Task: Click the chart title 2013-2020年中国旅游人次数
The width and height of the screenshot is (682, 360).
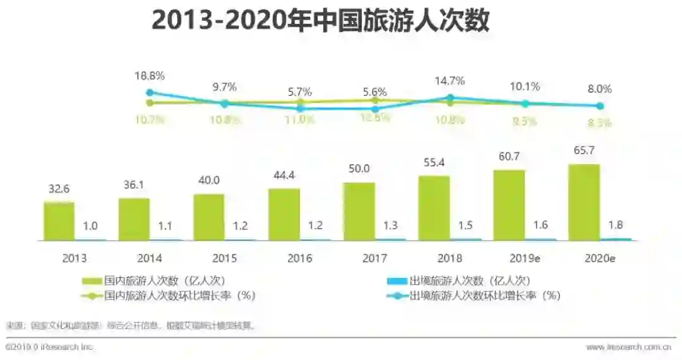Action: tap(321, 21)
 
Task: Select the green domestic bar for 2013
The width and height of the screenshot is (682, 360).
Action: tap(59, 221)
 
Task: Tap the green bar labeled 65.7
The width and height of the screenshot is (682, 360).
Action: tap(584, 202)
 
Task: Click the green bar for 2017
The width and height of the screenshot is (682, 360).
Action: tap(359, 212)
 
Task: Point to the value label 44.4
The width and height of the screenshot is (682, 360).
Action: tap(284, 175)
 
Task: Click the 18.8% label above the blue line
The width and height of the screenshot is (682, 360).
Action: tap(150, 76)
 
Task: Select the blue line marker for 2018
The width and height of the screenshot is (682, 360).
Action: tap(450, 98)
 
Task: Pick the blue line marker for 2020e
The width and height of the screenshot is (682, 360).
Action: tap(600, 106)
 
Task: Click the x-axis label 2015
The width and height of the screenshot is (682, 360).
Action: tap(224, 258)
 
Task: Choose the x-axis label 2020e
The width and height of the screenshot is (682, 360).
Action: tap(600, 258)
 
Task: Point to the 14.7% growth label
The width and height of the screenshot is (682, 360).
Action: tap(450, 81)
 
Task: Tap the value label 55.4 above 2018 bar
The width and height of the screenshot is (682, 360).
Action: tap(434, 162)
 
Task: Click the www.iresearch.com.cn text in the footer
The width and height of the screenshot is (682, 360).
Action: tap(628, 347)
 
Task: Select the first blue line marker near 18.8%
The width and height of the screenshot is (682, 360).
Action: tap(150, 92)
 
